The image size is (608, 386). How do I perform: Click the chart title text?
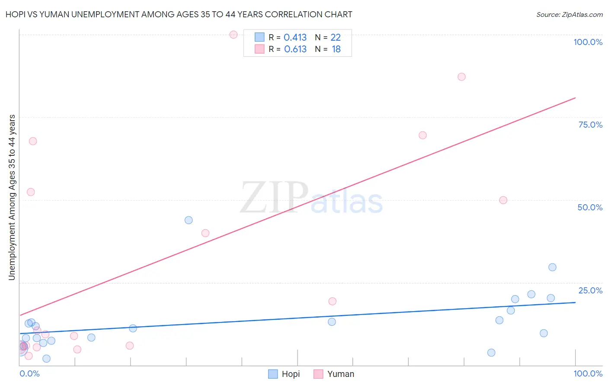179,14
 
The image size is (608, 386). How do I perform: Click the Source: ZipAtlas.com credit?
569,14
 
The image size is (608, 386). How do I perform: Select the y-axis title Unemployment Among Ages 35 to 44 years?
12,197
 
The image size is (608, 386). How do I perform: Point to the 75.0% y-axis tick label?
590,125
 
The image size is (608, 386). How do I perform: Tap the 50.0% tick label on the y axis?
590,207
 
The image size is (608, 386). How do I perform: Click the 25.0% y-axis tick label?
590,290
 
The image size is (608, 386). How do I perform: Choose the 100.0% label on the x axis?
588,373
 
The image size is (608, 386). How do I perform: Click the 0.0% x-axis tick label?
29,373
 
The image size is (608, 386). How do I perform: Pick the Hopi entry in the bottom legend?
284,374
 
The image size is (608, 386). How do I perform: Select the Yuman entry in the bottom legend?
334,374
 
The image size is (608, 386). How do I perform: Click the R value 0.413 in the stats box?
295,38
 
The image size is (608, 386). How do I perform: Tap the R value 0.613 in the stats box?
295,49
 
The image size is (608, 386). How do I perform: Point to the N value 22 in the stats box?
336,38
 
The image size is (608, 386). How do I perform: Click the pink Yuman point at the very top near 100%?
234,35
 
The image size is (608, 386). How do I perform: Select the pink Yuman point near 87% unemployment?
461,77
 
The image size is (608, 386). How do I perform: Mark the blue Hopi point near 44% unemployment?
189,220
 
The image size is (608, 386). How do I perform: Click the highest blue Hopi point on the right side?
552,267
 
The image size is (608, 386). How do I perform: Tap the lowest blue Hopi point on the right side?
491,352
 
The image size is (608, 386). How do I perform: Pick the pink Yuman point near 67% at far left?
33,141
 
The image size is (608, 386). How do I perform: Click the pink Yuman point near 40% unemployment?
205,233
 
